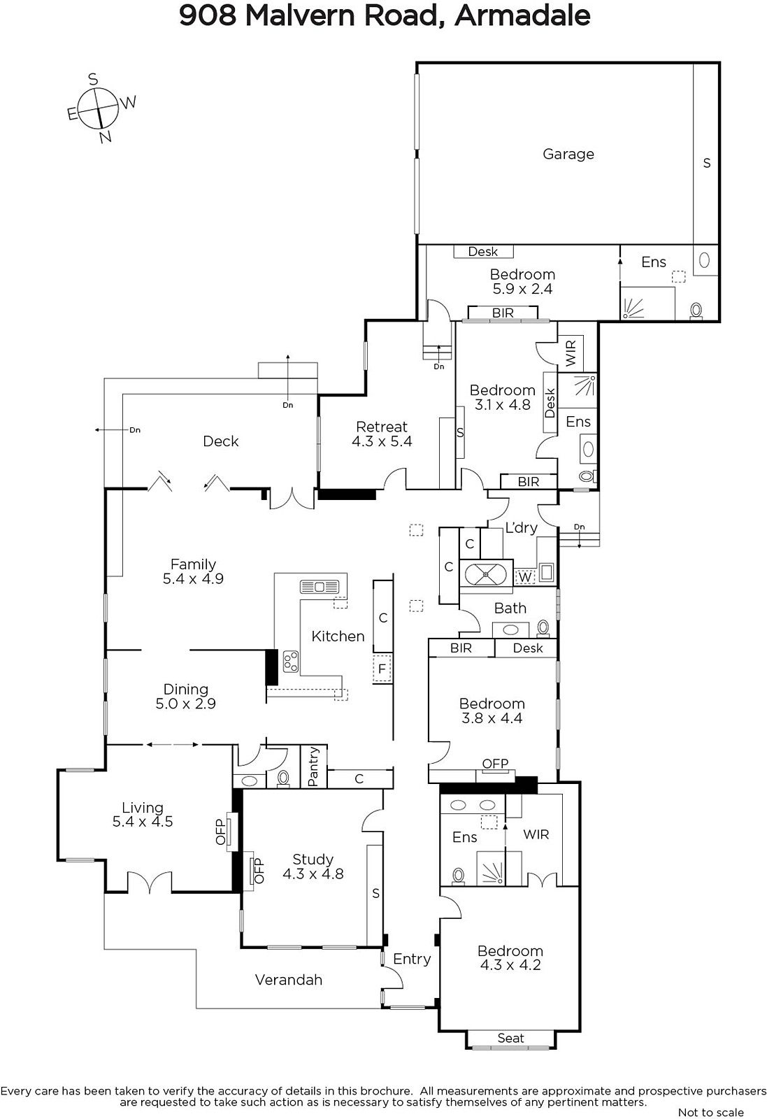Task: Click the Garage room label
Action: coord(568,155)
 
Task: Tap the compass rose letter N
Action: coord(106,137)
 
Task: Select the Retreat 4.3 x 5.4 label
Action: coord(382,434)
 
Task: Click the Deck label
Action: coord(221,441)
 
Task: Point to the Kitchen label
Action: coord(338,636)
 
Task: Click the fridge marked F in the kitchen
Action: coord(382,669)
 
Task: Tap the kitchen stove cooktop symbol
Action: coord(291,662)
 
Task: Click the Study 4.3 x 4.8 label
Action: coord(313,867)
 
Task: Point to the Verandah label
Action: coord(289,980)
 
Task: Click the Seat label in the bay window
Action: coord(511,1038)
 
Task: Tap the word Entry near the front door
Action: coord(412,959)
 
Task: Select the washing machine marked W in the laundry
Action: coord(525,577)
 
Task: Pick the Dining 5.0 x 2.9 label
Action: coord(186,697)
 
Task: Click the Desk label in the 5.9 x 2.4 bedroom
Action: coord(483,252)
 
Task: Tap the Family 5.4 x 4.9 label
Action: coord(193,571)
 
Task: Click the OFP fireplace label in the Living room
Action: coord(221,832)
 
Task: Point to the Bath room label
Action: coord(510,608)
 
